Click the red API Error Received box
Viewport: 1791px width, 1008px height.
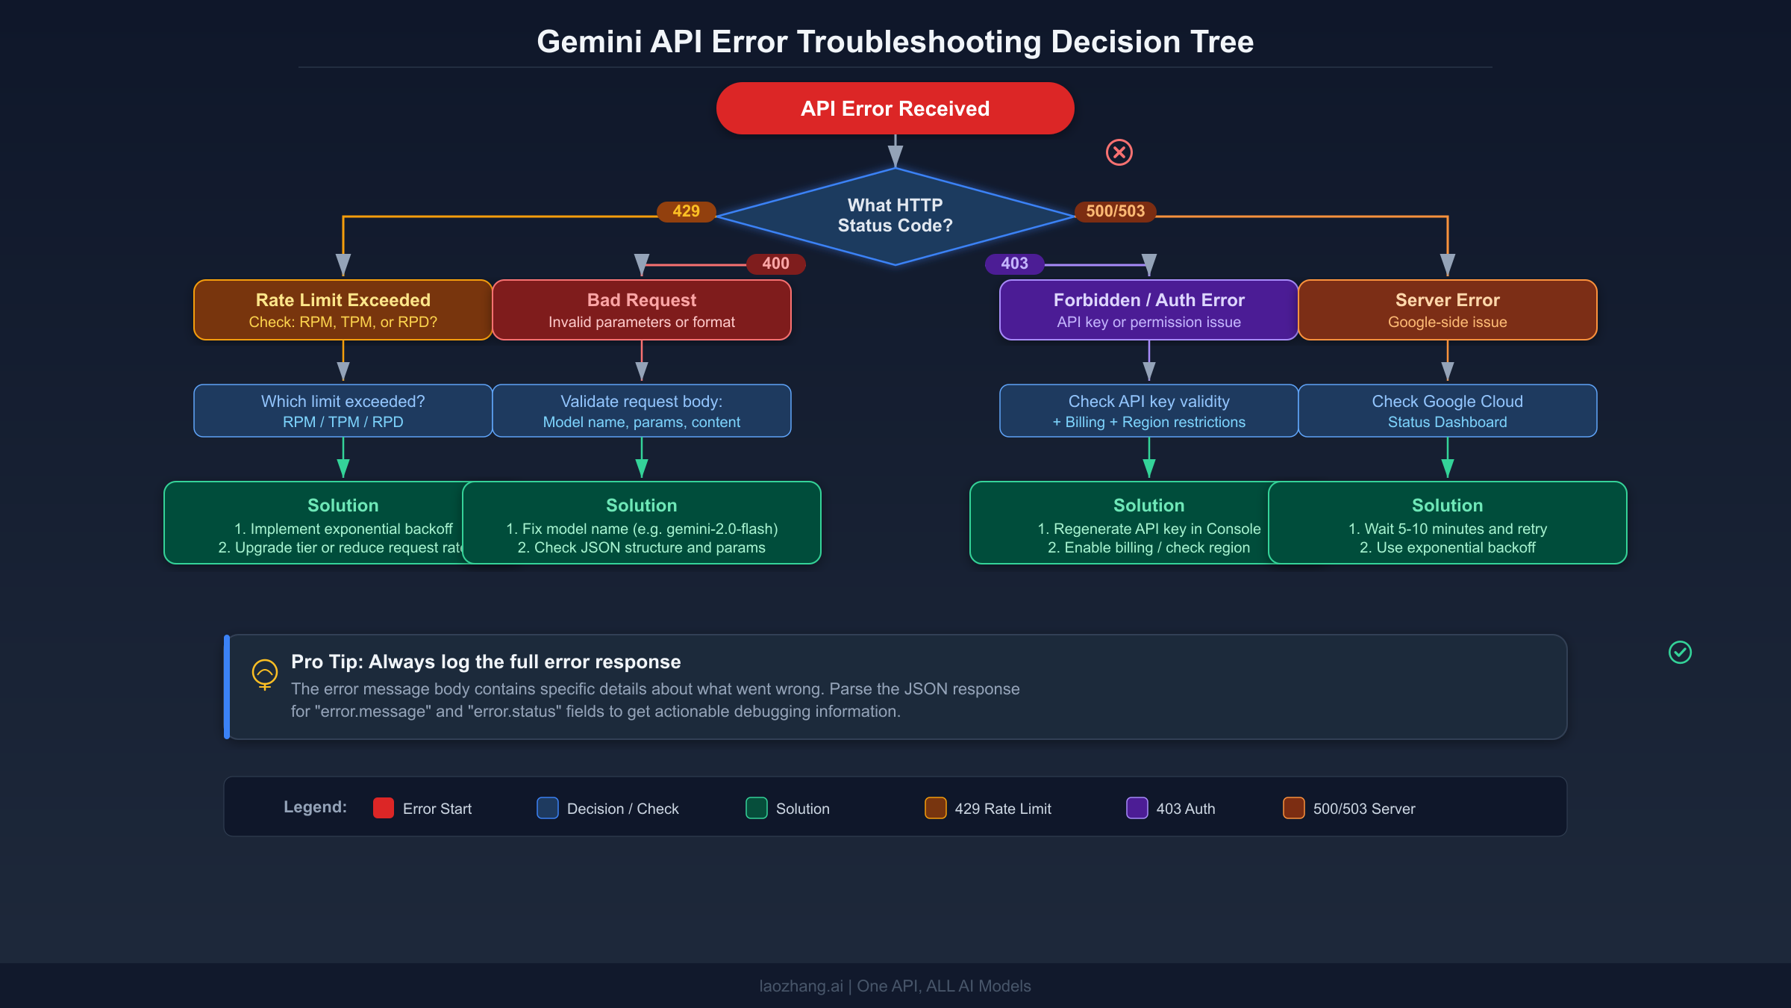(x=895, y=108)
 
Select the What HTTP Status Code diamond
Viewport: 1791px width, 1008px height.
(x=895, y=216)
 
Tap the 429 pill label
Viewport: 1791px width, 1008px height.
(x=686, y=211)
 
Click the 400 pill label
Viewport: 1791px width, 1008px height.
(x=775, y=264)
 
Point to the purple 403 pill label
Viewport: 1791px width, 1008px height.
(x=1014, y=264)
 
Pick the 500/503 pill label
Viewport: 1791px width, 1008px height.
(x=1115, y=211)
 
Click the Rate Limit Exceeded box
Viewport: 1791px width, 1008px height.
(x=343, y=310)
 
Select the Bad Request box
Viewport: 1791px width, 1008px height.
(x=641, y=310)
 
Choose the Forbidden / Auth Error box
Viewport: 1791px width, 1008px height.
(x=1148, y=310)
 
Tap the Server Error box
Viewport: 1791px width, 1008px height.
(x=1447, y=310)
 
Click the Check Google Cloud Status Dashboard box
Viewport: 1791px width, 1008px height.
(x=1447, y=411)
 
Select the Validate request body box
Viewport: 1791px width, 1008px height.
(x=641, y=411)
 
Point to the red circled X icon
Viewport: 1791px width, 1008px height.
(x=1119, y=152)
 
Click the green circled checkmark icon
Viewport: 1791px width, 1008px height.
(x=1680, y=653)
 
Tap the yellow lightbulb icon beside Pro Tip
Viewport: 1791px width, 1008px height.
(x=265, y=673)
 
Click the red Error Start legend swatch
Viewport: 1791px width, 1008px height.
(x=384, y=808)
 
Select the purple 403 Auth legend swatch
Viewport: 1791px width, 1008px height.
(x=1137, y=808)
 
